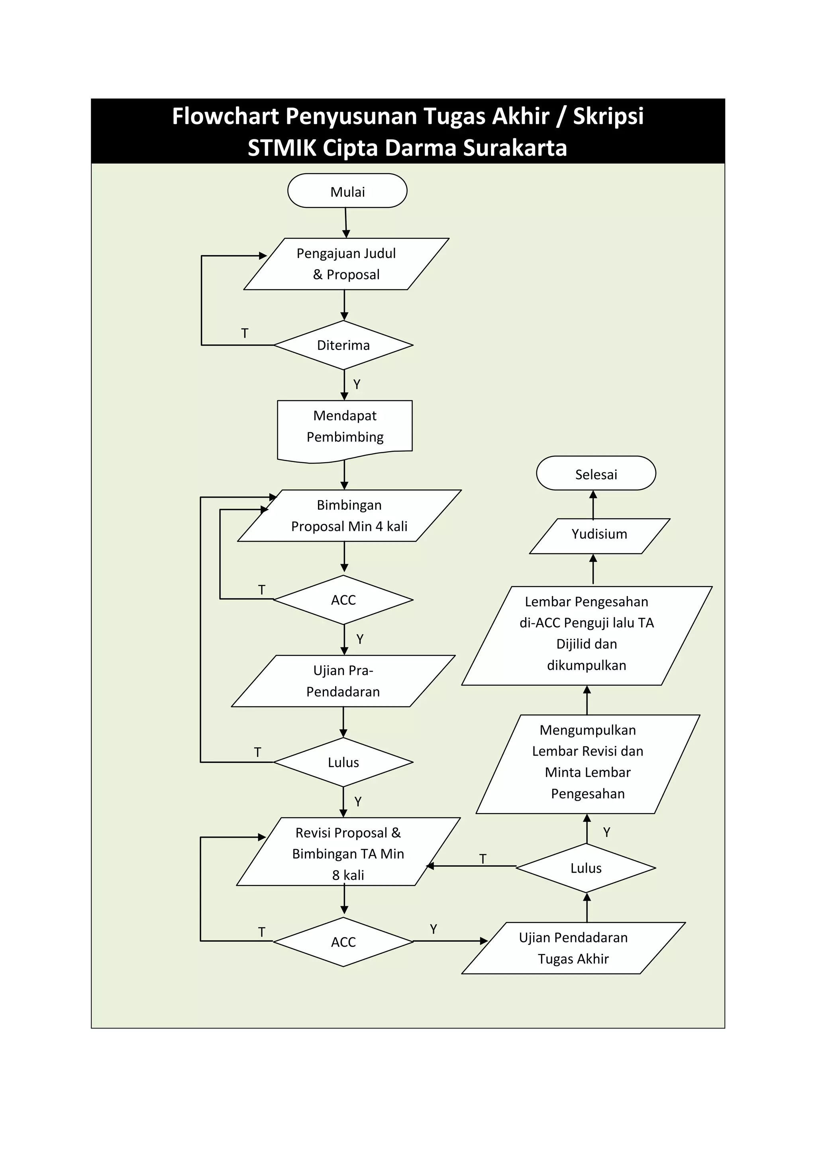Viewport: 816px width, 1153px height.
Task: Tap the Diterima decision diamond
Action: (x=343, y=345)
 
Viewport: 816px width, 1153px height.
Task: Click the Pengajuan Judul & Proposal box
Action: (x=346, y=264)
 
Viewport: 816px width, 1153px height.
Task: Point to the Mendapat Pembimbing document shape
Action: (x=345, y=427)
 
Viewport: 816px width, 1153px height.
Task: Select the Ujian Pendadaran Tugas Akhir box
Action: (x=573, y=948)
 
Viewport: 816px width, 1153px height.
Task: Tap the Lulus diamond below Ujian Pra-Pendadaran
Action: (x=343, y=762)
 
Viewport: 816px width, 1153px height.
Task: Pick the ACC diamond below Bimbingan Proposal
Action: (x=343, y=600)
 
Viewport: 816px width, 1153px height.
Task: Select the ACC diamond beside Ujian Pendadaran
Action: (x=343, y=942)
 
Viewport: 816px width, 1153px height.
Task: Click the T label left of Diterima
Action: (x=245, y=334)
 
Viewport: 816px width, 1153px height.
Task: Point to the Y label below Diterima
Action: (x=357, y=385)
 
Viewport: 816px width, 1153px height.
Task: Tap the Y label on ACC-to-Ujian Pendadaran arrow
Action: (x=433, y=930)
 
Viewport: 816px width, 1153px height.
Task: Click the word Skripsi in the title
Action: (x=608, y=117)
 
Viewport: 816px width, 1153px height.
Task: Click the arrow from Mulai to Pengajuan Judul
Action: (x=346, y=223)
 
